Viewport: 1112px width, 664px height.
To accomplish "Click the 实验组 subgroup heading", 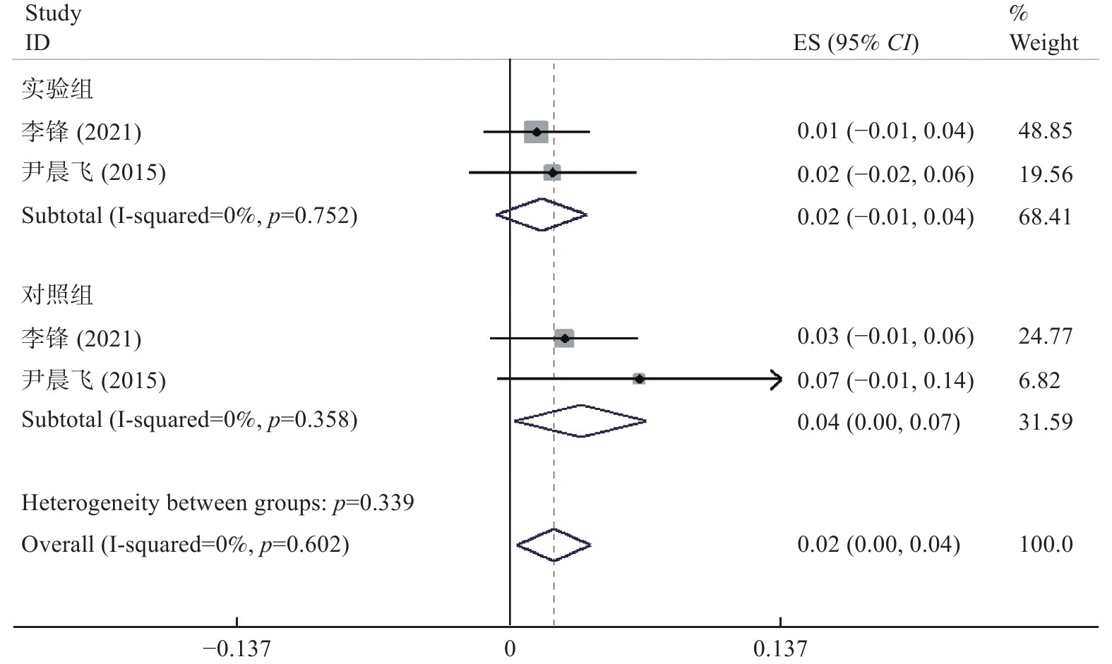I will click(57, 90).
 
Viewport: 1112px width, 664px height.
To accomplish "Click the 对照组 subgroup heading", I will click(57, 294).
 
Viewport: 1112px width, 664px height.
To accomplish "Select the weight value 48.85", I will click(1045, 131).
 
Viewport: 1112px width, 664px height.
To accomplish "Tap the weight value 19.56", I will click(1045, 174).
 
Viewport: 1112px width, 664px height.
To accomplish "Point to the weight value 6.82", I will click(1039, 381).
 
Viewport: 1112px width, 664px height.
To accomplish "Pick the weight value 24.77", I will click(1045, 337).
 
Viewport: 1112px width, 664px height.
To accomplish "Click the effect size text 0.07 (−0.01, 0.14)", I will click(885, 381).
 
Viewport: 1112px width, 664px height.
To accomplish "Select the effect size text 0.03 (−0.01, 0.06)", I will click(885, 337).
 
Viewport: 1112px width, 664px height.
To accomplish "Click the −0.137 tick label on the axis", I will click(237, 648).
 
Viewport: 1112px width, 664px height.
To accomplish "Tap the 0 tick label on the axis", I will click(510, 648).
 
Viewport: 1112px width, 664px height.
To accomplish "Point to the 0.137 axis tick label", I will click(780, 648).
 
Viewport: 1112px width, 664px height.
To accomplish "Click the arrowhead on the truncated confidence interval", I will click(777, 380).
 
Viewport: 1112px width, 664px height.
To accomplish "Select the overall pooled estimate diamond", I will click(554, 545).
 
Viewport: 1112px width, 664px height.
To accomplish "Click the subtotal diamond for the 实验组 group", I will click(542, 215).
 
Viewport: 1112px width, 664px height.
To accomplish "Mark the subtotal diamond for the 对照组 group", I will click(580, 421).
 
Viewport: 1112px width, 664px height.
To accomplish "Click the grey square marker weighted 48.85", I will click(537, 132).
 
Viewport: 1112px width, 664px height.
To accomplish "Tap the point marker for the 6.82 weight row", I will click(639, 379).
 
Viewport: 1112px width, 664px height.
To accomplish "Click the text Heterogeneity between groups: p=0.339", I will click(217, 503).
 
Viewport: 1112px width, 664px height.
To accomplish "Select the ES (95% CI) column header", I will click(856, 44).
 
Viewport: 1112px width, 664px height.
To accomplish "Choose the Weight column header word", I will click(1044, 44).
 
